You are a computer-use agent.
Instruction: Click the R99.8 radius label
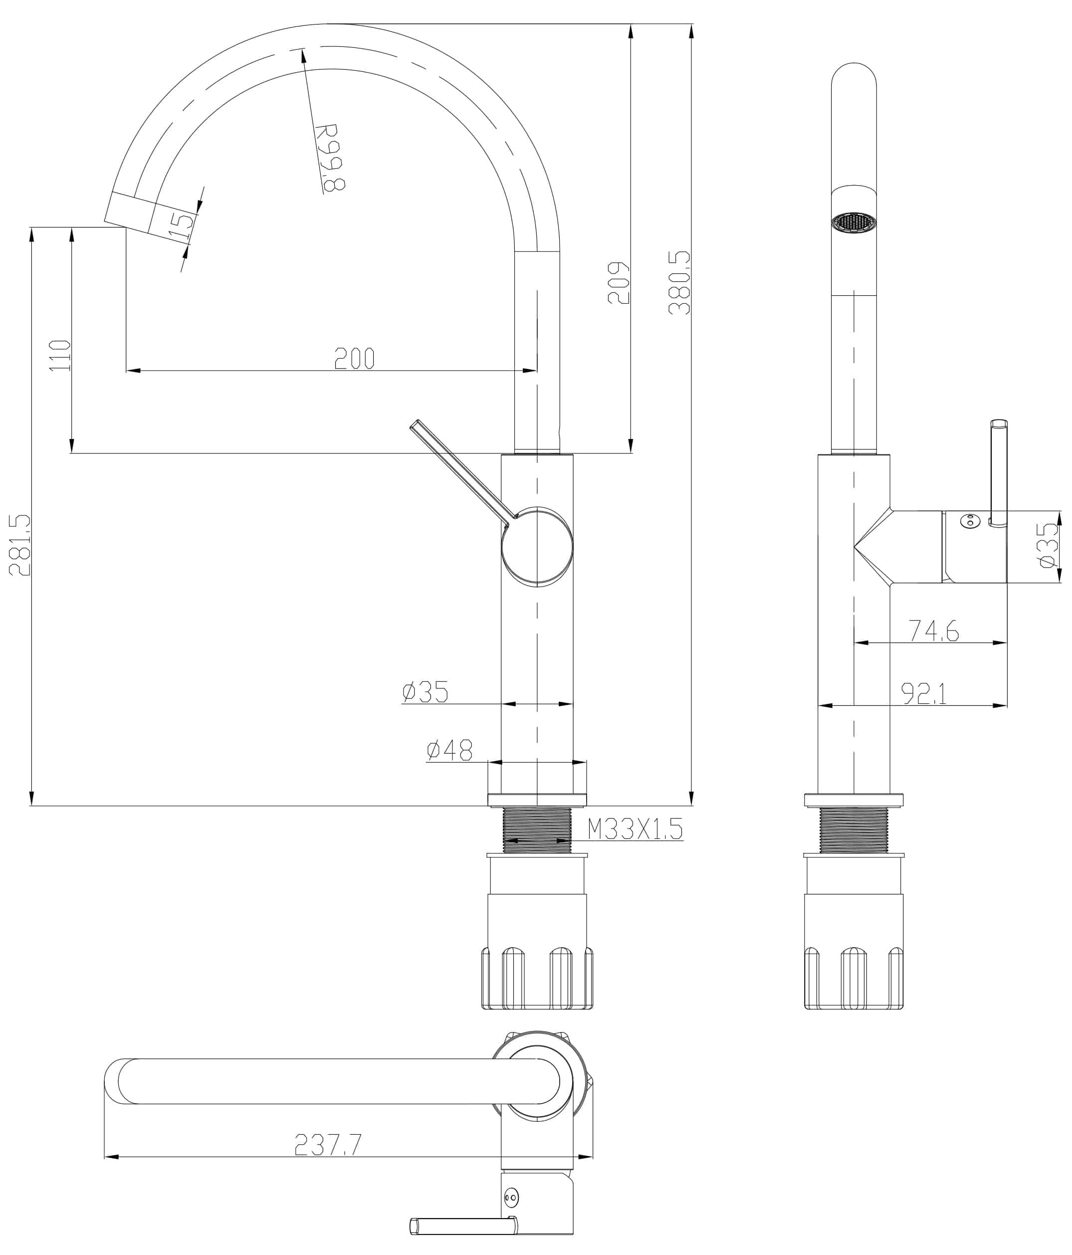point(331,158)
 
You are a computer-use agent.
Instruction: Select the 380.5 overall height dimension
point(679,283)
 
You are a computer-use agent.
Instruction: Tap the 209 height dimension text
point(619,283)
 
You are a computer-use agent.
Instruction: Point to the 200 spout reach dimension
point(354,359)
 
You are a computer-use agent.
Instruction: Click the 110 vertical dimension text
point(60,356)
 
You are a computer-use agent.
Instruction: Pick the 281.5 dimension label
point(19,545)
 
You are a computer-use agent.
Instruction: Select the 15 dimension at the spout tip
point(181,224)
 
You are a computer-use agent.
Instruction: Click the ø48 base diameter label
point(449,750)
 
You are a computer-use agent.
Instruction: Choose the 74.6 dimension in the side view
point(933,630)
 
